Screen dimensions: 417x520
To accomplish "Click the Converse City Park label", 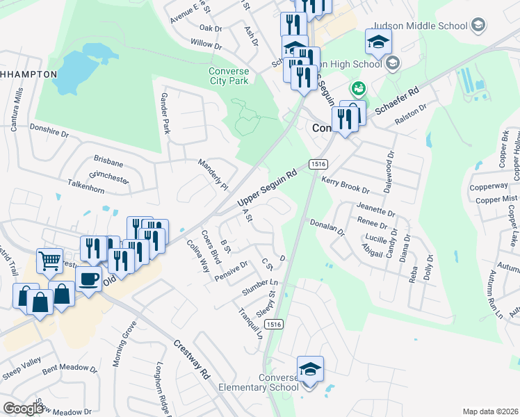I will coord(229,76).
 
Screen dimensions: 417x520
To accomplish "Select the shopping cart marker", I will coord(49,261).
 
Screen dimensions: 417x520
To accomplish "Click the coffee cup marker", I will coord(88,279).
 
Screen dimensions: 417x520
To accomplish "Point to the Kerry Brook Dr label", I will coord(346,185).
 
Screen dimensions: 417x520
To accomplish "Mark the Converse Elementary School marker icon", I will coord(310,368).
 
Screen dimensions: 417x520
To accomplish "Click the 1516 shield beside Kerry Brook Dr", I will coord(318,164).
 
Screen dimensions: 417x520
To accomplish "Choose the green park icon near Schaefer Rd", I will coord(359,88).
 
